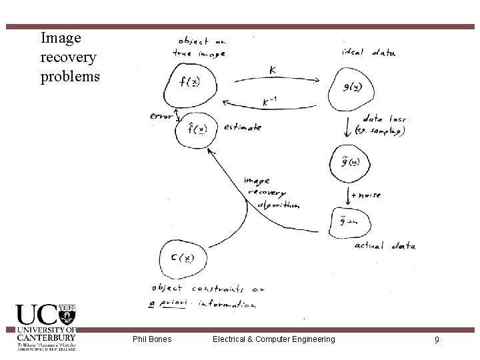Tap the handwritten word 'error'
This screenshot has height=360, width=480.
(x=161, y=116)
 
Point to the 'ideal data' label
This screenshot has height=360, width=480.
(x=368, y=53)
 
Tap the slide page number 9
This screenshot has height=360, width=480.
(x=436, y=340)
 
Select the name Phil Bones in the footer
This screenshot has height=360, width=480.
(x=152, y=339)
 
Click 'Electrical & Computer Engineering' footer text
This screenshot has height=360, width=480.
(x=273, y=339)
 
